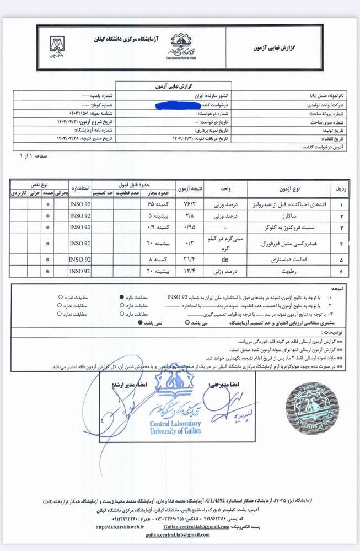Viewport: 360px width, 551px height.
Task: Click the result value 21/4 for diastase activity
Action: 190,258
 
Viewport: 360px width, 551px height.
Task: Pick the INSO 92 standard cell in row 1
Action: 80,204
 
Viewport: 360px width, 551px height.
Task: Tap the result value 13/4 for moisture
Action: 190,271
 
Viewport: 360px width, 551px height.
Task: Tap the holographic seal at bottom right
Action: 310,408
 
